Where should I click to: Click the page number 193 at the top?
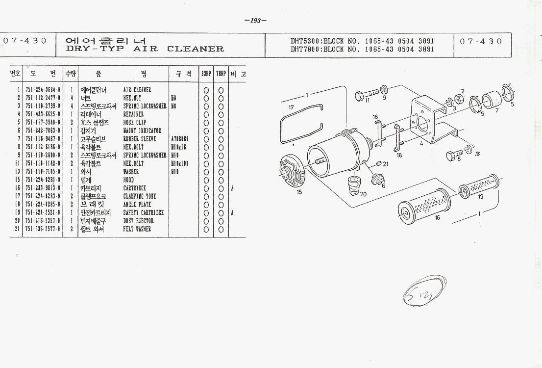pos(255,21)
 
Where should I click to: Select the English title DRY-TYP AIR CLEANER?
pos(145,49)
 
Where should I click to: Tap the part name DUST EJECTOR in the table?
pos(138,221)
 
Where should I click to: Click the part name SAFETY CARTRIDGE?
pos(143,212)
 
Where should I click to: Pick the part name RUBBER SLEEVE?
pos(140,139)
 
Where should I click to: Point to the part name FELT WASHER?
pos(137,229)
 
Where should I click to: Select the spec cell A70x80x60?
pos(180,139)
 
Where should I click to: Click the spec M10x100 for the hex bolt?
pos(180,163)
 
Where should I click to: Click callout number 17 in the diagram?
pos(291,107)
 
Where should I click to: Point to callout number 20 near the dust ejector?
pos(363,194)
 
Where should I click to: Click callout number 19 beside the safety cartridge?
pos(481,196)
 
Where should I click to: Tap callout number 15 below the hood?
pos(299,192)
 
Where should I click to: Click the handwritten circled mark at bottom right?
pos(418,294)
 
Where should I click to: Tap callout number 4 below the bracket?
pos(421,144)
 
